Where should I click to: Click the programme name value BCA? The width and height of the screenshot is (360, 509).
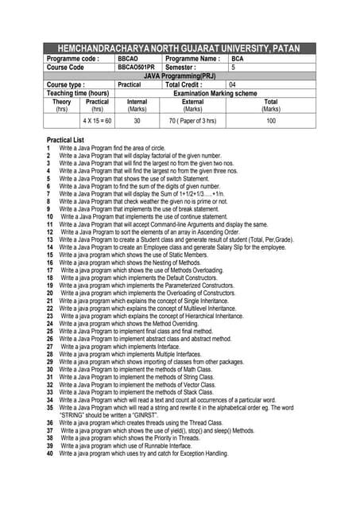(x=237, y=59)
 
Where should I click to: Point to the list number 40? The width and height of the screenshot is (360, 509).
(x=50, y=453)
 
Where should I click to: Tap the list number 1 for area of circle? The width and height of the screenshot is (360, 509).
(x=48, y=149)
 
